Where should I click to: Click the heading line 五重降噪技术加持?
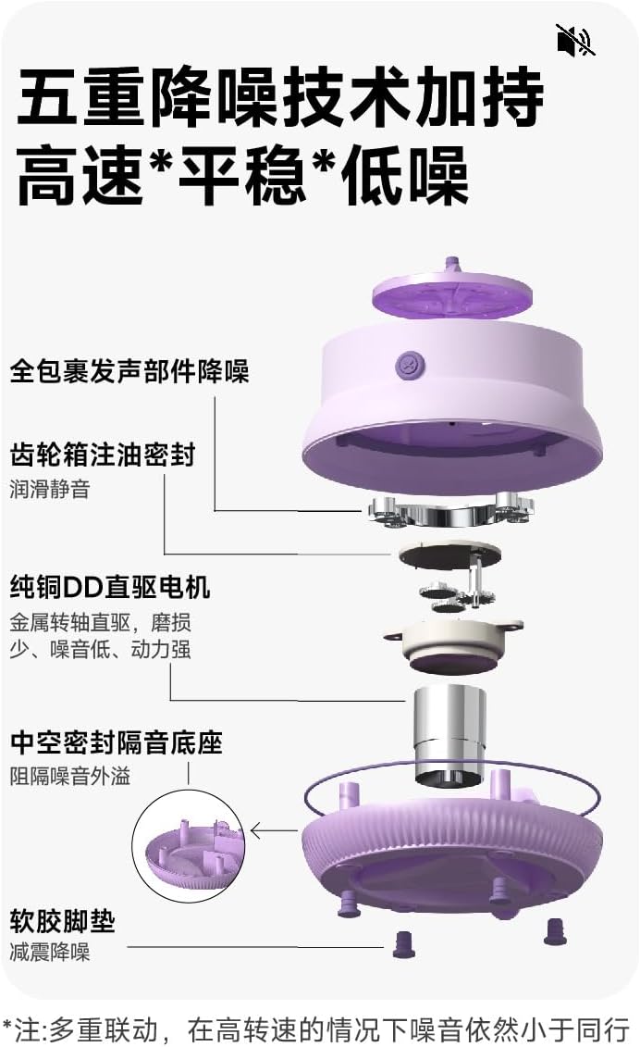(x=280, y=101)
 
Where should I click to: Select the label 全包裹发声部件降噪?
(x=129, y=372)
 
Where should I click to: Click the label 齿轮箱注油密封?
(x=103, y=455)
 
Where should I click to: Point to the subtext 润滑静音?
(x=50, y=488)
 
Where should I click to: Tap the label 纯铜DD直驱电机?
(x=110, y=586)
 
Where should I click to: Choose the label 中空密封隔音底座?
(x=117, y=742)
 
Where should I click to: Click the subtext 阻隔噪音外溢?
(x=70, y=775)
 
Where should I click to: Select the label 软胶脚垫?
(x=63, y=920)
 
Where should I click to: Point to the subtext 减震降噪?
(x=50, y=951)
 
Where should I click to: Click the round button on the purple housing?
(x=408, y=365)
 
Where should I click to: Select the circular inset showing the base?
(x=189, y=848)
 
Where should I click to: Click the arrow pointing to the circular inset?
(x=273, y=830)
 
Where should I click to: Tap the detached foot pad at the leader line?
(x=403, y=944)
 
